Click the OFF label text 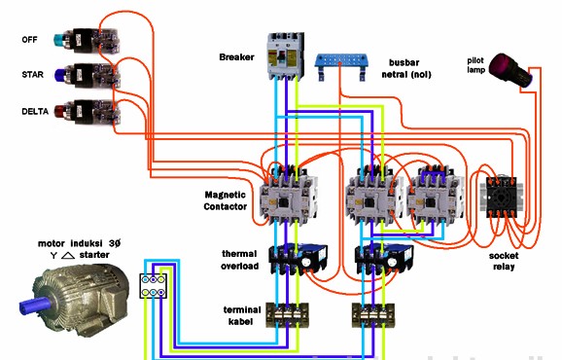click(x=31, y=40)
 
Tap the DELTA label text click(x=35, y=111)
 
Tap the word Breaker click(x=237, y=57)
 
